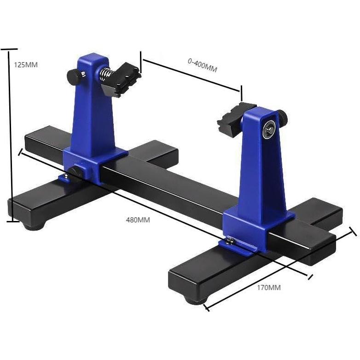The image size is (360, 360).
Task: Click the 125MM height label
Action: tap(26, 65)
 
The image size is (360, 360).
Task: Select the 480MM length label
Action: tap(138, 220)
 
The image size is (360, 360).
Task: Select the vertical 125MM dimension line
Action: tap(10, 134)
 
